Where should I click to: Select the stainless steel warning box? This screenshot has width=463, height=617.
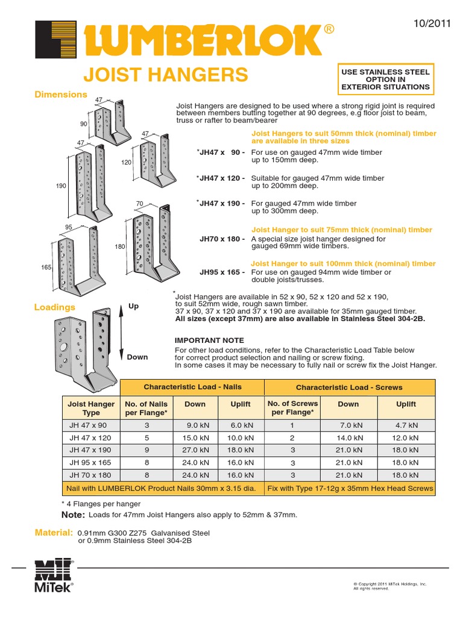click(386, 80)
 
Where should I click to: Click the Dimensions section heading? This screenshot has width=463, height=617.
click(61, 95)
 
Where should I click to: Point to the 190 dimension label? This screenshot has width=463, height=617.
click(61, 187)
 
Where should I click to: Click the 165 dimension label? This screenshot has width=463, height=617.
click(46, 267)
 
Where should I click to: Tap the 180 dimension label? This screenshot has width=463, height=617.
click(119, 247)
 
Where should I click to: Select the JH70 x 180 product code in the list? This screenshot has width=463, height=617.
click(222, 239)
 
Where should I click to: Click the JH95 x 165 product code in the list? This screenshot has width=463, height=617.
click(222, 272)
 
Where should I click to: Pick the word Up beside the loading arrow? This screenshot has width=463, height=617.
click(133, 306)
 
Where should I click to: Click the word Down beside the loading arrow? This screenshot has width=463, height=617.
click(137, 357)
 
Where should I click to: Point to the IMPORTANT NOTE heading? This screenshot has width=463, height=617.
click(205, 340)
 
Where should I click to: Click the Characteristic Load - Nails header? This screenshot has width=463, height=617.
click(193, 387)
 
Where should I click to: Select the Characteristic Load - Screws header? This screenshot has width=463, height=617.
click(349, 387)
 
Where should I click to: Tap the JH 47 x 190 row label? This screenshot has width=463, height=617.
click(90, 449)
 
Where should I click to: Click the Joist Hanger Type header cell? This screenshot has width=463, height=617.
click(91, 409)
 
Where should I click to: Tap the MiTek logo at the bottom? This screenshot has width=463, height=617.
click(54, 575)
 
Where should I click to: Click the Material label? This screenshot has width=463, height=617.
click(54, 533)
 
